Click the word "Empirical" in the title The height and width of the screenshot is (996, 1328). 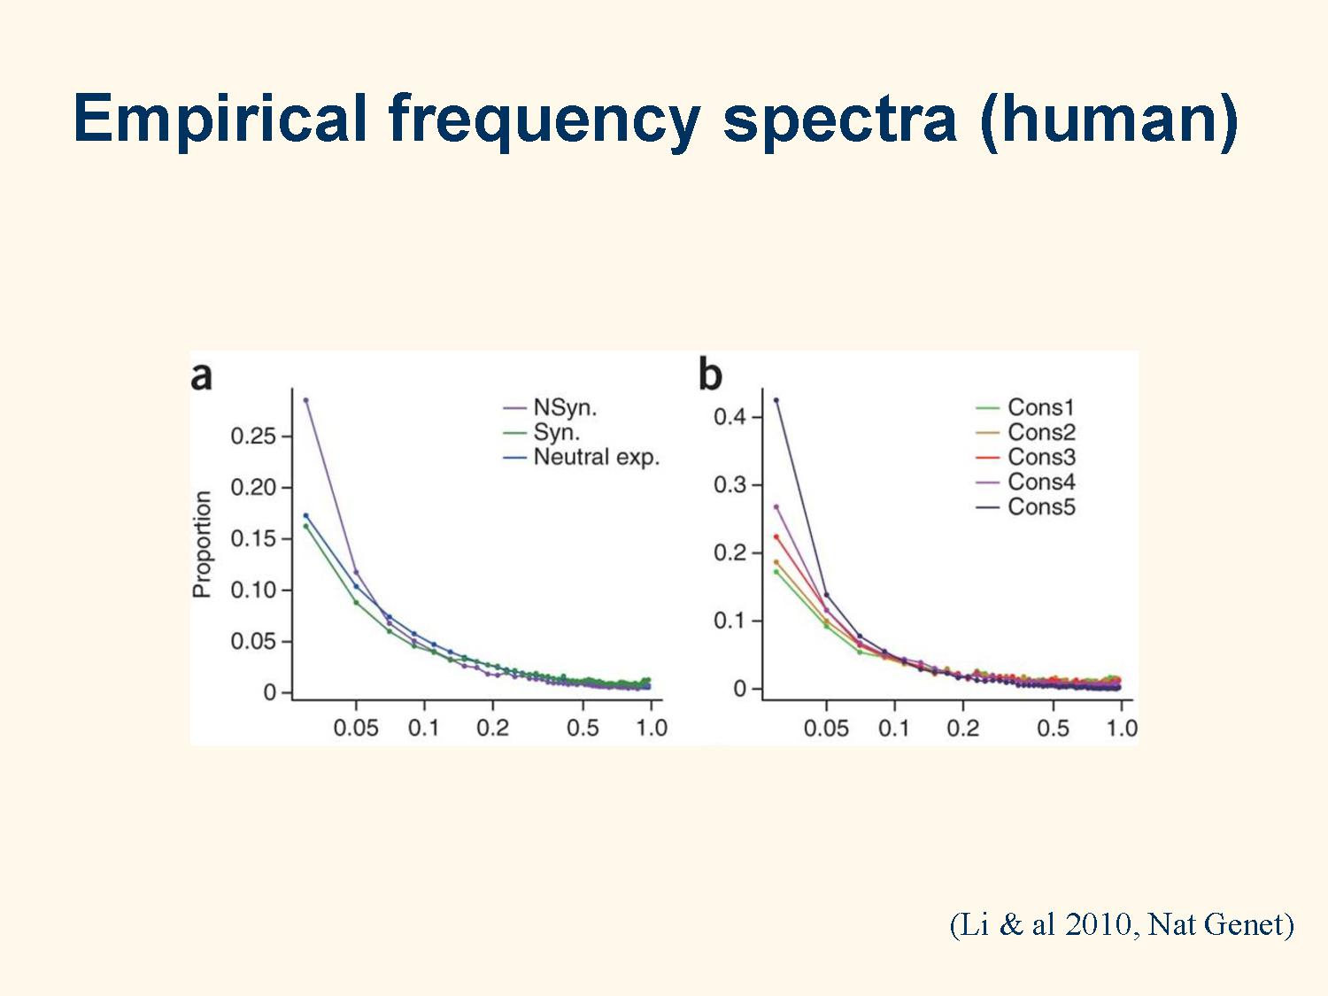[x=220, y=119]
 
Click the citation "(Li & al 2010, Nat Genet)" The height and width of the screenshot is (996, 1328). [x=1122, y=924]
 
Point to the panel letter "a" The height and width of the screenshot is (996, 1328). [x=202, y=376]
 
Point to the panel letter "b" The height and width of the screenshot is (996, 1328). [x=710, y=373]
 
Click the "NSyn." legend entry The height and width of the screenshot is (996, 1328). [x=550, y=408]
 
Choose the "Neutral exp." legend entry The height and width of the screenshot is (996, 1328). [x=582, y=458]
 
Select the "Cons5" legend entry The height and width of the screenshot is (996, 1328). [x=1026, y=506]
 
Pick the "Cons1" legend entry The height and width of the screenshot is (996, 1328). [x=1026, y=407]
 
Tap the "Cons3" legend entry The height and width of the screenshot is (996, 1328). [x=1026, y=457]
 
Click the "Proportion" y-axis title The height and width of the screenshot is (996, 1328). [x=202, y=544]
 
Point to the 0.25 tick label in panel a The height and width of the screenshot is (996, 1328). [x=253, y=436]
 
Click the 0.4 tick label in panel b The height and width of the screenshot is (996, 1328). [x=730, y=417]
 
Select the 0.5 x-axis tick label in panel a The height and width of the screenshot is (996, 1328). [x=583, y=728]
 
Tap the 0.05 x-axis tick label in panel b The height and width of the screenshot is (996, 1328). [x=826, y=728]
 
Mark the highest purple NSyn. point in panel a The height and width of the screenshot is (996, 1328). [x=305, y=400]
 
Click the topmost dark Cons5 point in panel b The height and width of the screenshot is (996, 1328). [x=776, y=400]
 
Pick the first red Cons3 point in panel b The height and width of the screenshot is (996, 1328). [x=776, y=537]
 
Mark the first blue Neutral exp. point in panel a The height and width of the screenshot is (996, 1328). [x=305, y=516]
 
